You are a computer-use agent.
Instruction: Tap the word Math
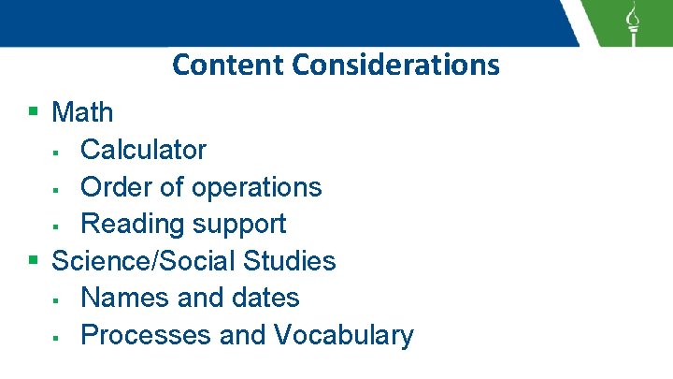(x=82, y=112)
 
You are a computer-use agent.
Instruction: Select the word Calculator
(x=144, y=150)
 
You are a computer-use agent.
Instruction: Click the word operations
(x=256, y=187)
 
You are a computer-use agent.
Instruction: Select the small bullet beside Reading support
(x=57, y=226)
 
